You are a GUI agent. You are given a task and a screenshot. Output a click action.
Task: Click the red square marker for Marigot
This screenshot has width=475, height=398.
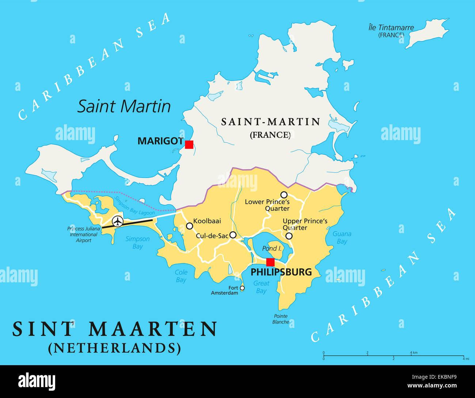(189, 144)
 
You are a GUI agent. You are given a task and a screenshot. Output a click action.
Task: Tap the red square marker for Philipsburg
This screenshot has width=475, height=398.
(270, 262)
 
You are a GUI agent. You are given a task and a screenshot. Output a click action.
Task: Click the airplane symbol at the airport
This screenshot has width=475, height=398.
(118, 221)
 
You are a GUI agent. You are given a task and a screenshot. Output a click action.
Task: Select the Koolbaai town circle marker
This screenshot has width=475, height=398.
(189, 226)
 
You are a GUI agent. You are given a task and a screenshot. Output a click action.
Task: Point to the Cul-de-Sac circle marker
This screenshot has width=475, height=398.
(233, 235)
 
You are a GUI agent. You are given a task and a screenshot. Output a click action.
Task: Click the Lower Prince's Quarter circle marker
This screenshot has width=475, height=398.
(284, 194)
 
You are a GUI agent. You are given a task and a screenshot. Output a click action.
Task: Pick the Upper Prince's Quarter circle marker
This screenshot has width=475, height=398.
(289, 236)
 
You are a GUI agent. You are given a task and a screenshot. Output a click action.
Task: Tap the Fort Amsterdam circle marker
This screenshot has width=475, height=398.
(242, 288)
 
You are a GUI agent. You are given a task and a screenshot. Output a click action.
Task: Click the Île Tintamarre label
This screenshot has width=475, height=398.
(391, 28)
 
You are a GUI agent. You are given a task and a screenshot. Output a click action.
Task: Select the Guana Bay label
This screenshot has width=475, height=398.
(342, 237)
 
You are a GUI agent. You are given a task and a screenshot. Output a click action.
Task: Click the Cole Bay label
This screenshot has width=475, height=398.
(181, 276)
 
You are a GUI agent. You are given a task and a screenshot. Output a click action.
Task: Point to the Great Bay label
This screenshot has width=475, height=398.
(261, 287)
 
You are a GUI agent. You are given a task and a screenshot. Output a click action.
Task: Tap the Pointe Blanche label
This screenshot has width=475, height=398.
(281, 319)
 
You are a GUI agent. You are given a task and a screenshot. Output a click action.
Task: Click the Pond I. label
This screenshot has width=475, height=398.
(272, 248)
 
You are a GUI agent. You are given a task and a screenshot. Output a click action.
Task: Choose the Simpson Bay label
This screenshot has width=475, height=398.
(137, 243)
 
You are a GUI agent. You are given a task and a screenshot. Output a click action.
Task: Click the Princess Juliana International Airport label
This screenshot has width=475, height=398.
(84, 234)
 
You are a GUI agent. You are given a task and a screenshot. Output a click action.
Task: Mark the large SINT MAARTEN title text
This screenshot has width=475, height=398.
(115, 329)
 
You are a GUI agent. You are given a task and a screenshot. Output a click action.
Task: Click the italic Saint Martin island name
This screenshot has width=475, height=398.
(124, 106)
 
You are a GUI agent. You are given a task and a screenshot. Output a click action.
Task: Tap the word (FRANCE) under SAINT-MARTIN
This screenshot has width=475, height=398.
(270, 135)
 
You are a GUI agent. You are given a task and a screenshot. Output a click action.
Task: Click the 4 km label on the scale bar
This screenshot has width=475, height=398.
(414, 352)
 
